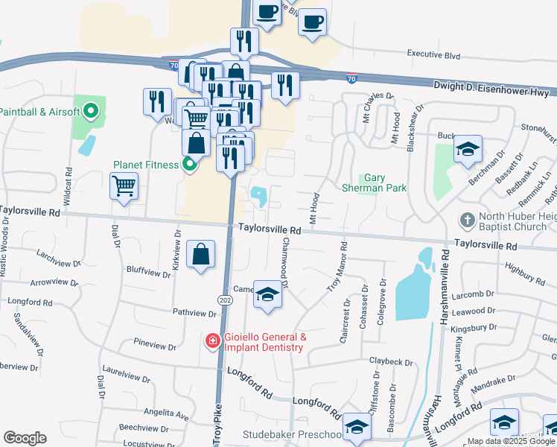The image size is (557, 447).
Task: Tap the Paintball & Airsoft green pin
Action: pyautogui.click(x=91, y=112)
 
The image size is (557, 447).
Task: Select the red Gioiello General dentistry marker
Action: pyautogui.click(x=212, y=341)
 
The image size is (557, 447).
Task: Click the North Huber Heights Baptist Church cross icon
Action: pyautogui.click(x=466, y=221)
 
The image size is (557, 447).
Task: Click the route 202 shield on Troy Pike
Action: pyautogui.click(x=225, y=299)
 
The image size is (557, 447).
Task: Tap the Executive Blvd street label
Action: pyautogui.click(x=433, y=54)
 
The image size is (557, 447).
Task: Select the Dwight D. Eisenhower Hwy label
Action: pyautogui.click(x=491, y=89)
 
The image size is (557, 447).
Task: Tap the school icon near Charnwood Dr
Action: pyautogui.click(x=268, y=294)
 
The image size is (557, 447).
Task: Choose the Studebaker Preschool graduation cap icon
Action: pyautogui.click(x=357, y=428)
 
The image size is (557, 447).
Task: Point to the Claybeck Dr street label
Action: pyautogui.click(x=390, y=362)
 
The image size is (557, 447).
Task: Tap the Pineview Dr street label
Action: pyautogui.click(x=154, y=346)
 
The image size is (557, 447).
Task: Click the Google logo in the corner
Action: pyautogui.click(x=25, y=438)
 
